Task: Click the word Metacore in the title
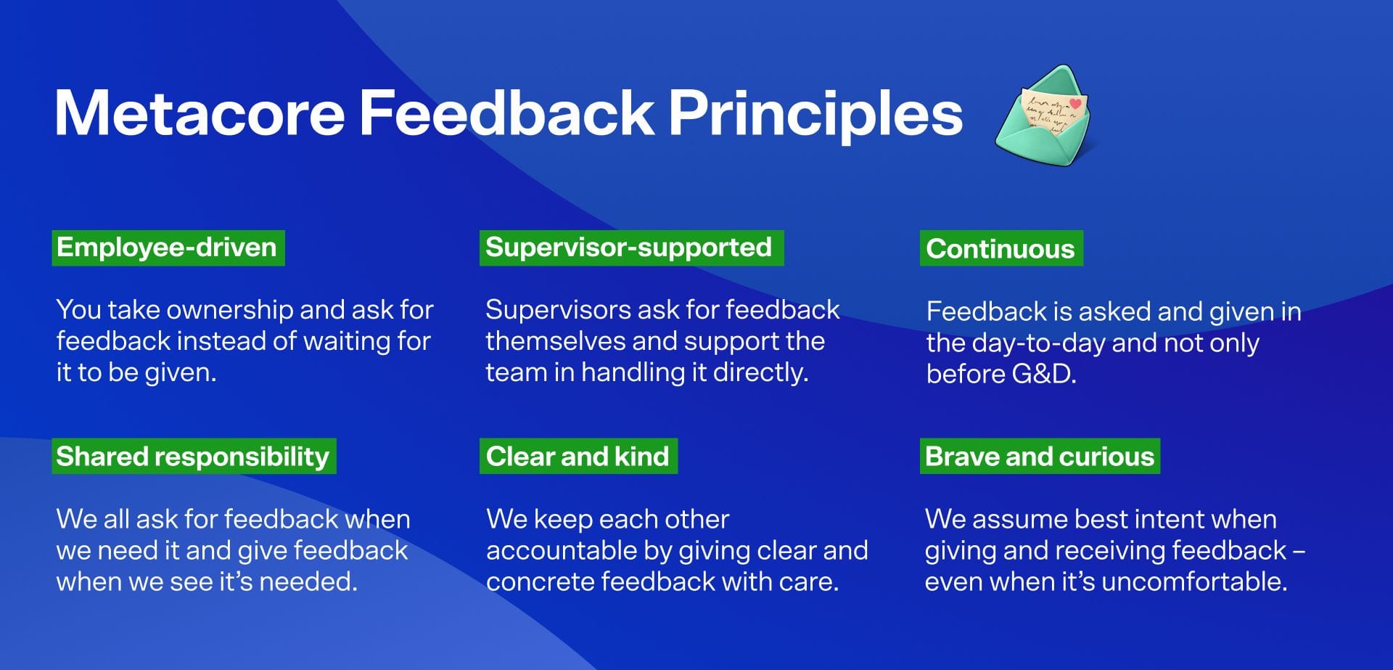(x=200, y=113)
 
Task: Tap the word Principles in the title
(x=815, y=113)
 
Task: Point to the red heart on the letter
(x=1075, y=104)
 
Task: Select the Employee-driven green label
(x=168, y=248)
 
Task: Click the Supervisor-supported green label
(x=630, y=248)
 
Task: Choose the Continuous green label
(x=1000, y=248)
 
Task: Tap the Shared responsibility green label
(x=193, y=457)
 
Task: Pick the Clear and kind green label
(x=578, y=457)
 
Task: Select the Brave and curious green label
(x=1039, y=457)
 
